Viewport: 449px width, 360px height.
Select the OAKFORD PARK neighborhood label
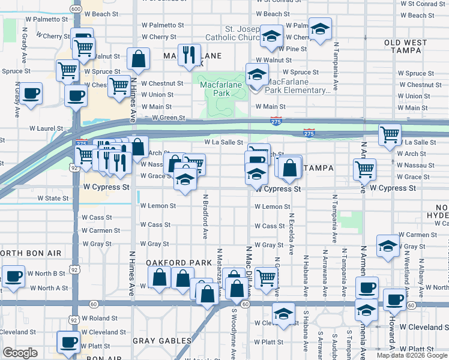tap(179, 263)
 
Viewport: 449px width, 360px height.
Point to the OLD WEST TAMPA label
tap(415, 43)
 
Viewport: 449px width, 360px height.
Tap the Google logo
tap(20, 353)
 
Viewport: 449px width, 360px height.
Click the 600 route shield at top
tap(75, 9)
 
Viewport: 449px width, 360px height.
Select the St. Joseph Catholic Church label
tap(232, 33)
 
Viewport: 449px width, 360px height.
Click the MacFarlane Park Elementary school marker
tap(258, 75)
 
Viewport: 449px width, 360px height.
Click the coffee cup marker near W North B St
tap(13, 276)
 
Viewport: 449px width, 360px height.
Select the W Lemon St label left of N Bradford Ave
tap(158, 206)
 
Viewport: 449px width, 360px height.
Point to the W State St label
tap(53, 198)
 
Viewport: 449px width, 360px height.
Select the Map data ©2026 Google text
tap(411, 355)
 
